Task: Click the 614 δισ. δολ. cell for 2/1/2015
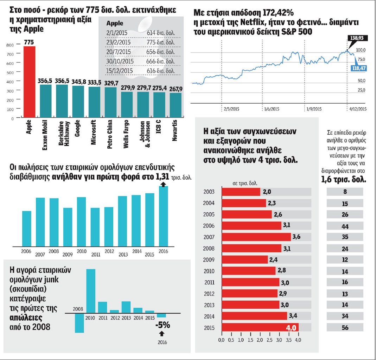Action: click(161, 32)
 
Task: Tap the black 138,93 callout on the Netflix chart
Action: click(357, 37)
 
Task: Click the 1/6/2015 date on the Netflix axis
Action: click(271, 109)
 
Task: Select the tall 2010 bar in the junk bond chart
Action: click(90, 291)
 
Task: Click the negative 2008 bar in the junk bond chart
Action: click(79, 323)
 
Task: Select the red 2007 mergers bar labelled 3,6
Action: click(256, 237)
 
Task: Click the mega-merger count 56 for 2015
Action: click(345, 328)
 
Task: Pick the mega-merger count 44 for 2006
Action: click(345, 226)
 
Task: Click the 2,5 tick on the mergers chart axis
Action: click(269, 340)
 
